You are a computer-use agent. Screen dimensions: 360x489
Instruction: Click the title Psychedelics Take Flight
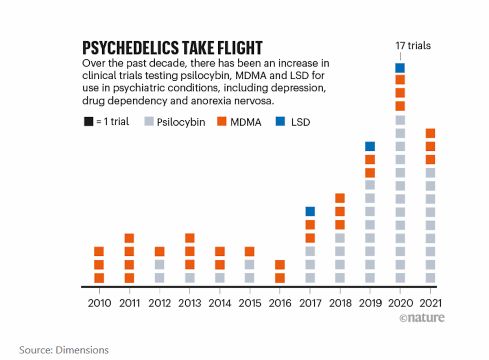[172, 48]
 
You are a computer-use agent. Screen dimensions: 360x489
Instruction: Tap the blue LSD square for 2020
[400, 68]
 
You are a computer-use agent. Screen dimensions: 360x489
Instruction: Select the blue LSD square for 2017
[310, 211]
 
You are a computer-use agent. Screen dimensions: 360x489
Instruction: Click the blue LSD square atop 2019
[370, 146]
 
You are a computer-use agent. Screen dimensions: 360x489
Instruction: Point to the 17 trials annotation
[413, 46]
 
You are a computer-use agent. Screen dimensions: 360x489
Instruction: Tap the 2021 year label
[430, 303]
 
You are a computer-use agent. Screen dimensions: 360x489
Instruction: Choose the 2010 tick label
[99, 303]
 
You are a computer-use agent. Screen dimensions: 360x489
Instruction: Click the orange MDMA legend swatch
[222, 122]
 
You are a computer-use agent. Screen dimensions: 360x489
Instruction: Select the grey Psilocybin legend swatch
[149, 122]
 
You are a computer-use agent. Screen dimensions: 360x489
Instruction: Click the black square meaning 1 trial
[88, 122]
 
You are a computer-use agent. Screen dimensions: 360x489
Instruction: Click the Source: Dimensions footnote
[64, 350]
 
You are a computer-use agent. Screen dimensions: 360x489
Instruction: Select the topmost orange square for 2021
[430, 133]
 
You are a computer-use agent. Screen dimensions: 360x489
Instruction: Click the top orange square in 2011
[129, 238]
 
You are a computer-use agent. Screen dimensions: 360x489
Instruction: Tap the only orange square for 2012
[159, 251]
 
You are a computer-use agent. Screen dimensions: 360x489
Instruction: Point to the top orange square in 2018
[340, 198]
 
